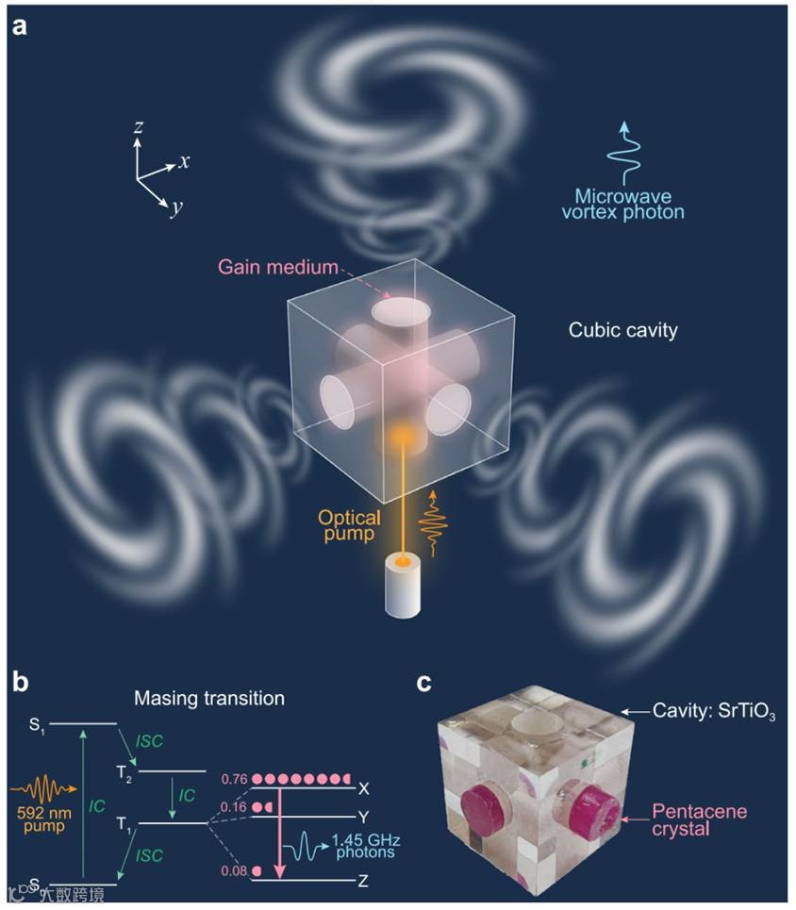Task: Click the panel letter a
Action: click(x=20, y=25)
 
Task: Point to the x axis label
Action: click(x=185, y=161)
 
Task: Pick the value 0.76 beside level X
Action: click(x=233, y=780)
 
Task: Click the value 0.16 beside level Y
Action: click(x=233, y=808)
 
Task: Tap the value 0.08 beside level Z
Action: click(x=233, y=870)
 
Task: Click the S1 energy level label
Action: click(x=36, y=725)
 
